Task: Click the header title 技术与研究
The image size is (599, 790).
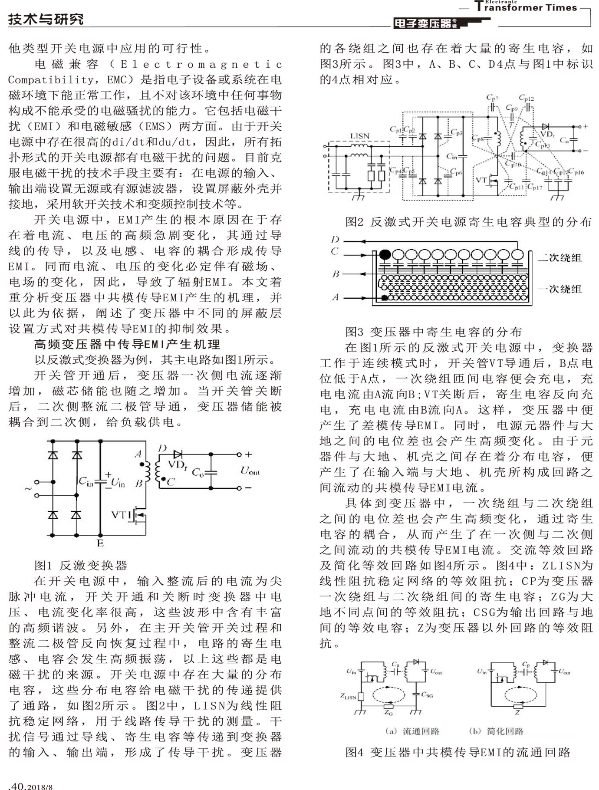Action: (x=46, y=20)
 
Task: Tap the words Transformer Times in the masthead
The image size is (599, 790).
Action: (x=526, y=7)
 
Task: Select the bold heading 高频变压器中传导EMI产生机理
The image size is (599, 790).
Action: (x=127, y=345)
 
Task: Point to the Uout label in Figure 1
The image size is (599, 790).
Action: (x=250, y=471)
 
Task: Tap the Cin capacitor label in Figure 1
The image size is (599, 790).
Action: (x=86, y=481)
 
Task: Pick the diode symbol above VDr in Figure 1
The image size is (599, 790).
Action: (x=177, y=454)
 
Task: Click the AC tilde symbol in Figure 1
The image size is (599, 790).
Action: (x=28, y=489)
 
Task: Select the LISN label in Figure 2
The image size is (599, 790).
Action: (x=359, y=136)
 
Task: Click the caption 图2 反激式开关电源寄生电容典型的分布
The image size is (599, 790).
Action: (x=468, y=222)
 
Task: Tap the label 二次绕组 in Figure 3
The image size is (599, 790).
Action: (x=560, y=258)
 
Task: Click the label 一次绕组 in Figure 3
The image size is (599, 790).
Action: (x=560, y=289)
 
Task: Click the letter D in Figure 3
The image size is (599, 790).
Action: (x=335, y=240)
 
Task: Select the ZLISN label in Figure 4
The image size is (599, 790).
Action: (x=348, y=697)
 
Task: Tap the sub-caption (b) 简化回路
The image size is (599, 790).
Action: (x=496, y=731)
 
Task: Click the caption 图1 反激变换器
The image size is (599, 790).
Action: (x=81, y=566)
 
